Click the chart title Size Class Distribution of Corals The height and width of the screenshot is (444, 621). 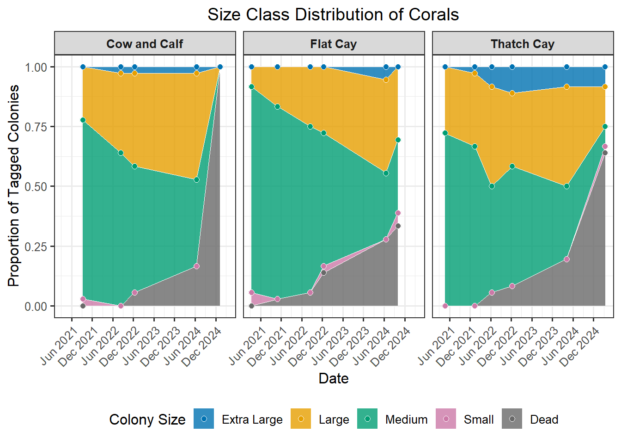(x=333, y=15)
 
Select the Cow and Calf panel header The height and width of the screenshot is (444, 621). (x=145, y=44)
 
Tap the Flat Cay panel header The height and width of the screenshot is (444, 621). (x=334, y=44)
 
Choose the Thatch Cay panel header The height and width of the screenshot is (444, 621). (x=523, y=44)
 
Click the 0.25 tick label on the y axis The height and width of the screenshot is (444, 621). (x=36, y=247)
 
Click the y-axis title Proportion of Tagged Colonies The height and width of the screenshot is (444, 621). (x=14, y=186)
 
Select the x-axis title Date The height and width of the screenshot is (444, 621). (x=334, y=378)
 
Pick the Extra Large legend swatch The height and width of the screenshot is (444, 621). (x=204, y=419)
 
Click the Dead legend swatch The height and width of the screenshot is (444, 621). (x=512, y=419)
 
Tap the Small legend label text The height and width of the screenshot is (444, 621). (x=479, y=419)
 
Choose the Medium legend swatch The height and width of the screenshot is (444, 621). (x=367, y=419)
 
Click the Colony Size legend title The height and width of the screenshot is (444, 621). (x=147, y=419)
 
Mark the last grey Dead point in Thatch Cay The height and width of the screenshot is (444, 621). (x=605, y=153)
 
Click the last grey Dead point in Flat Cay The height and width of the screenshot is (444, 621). (x=398, y=226)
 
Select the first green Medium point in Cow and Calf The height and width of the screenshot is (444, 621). (x=83, y=120)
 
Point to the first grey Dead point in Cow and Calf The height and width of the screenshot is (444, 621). (x=83, y=306)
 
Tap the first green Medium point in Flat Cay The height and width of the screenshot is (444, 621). (x=251, y=86)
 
